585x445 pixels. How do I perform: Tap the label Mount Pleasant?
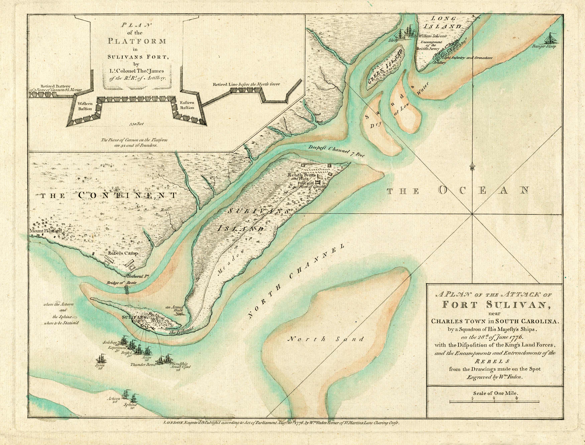(46, 231)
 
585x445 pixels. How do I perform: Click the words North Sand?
(326, 339)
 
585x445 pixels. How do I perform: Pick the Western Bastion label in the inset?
(85, 106)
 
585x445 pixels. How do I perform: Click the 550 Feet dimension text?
(137, 124)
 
